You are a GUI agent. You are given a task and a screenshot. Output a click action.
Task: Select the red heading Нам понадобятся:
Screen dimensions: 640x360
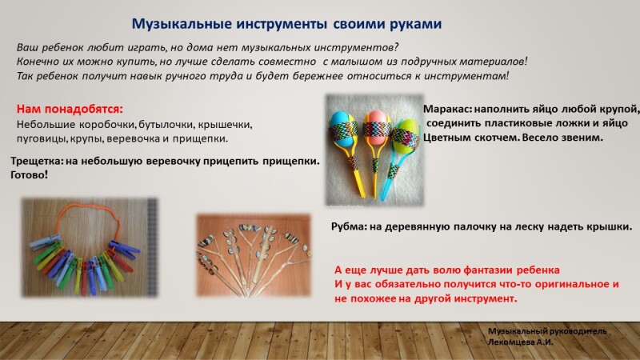pos(70,110)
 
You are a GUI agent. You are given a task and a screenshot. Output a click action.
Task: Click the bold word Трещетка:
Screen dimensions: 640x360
pos(37,162)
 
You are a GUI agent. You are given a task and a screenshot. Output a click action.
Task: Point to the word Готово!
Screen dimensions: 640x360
pos(30,175)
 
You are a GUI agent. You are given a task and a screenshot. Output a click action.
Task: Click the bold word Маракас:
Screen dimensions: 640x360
pos(447,110)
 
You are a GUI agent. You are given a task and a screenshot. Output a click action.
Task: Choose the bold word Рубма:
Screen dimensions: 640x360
pos(349,226)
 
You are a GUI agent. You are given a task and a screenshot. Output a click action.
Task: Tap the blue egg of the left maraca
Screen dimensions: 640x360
pos(343,130)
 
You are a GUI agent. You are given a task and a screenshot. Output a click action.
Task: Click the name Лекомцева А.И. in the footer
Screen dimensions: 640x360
pos(521,342)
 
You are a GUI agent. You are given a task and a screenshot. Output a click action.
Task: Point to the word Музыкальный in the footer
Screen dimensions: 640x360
pos(516,331)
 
